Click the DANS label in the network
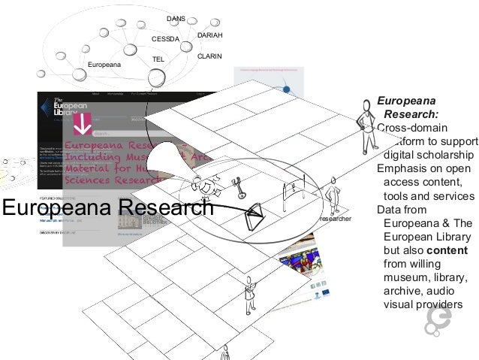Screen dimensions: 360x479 coord(176,17)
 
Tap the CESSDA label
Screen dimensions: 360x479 coord(167,38)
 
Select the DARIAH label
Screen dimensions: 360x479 coord(209,35)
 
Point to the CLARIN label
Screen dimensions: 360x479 coord(209,56)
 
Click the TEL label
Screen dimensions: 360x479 coord(158,59)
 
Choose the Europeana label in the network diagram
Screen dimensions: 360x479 coord(104,65)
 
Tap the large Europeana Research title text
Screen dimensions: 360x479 coord(107,207)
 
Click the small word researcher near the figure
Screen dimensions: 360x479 coord(336,218)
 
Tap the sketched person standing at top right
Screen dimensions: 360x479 coord(366,120)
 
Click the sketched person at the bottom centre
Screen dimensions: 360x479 coord(249,295)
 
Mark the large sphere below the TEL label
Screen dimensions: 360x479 coord(157,77)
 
